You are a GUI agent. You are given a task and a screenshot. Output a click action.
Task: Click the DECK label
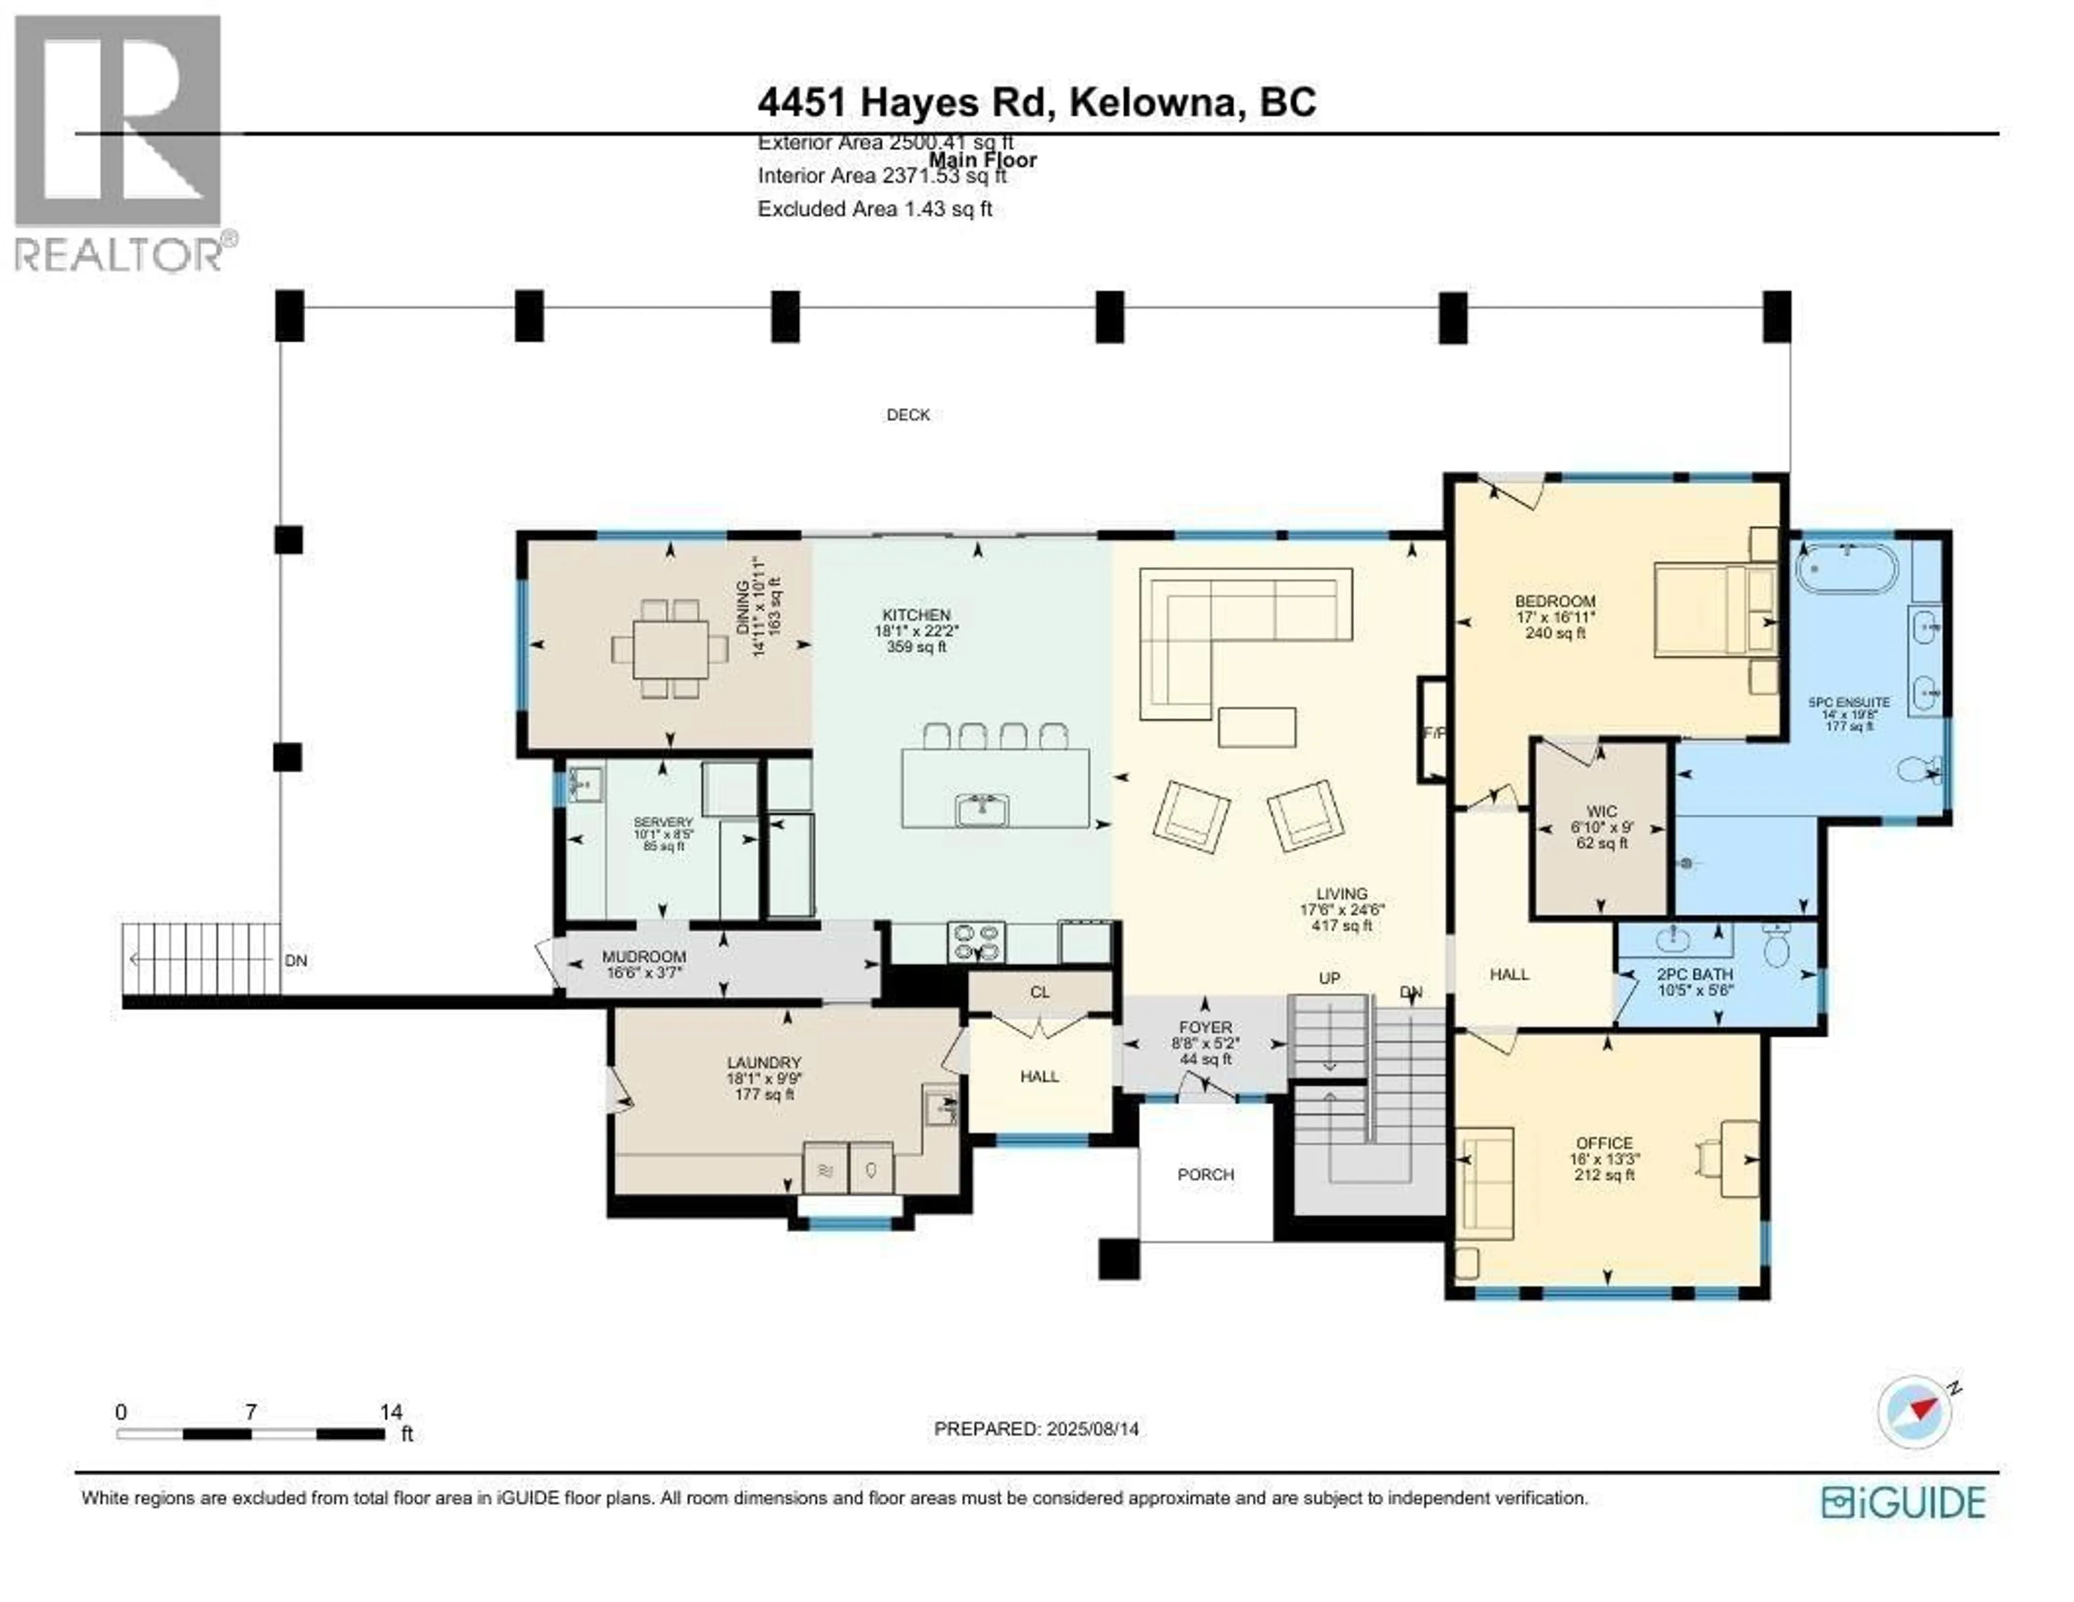(908, 415)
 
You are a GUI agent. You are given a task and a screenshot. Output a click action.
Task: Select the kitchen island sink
(982, 810)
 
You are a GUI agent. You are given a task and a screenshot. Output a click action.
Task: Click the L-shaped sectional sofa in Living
(1225, 627)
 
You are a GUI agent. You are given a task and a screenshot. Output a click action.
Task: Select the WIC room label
(1602, 812)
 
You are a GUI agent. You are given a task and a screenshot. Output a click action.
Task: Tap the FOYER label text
(1205, 1028)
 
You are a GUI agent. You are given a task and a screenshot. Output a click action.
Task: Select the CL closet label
(1040, 992)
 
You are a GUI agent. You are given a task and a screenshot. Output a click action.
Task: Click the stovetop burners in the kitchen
(976, 942)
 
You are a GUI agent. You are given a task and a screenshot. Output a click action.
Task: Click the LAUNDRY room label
(764, 1063)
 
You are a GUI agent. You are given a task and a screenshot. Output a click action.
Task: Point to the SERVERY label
(664, 822)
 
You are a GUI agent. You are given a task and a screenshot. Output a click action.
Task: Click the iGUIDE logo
(1903, 1502)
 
